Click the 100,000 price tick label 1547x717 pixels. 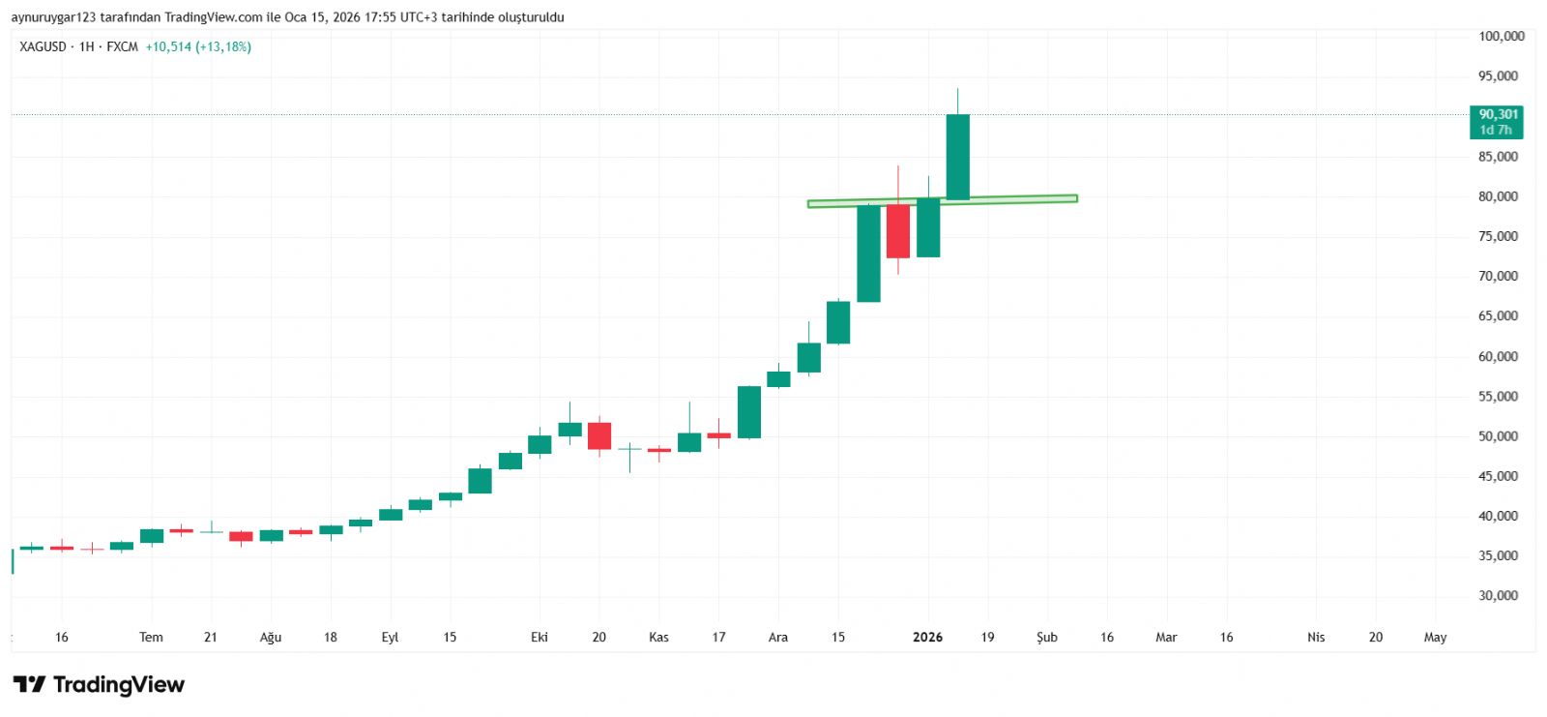click(x=1501, y=37)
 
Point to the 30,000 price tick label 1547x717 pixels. click(x=1498, y=596)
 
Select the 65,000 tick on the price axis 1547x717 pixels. click(x=1498, y=316)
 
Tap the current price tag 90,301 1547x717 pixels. click(x=1498, y=115)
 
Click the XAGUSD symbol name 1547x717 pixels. click(x=43, y=47)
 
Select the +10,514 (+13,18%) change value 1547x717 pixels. click(x=198, y=47)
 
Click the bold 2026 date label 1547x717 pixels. click(x=927, y=638)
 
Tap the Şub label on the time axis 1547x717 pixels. click(x=1047, y=638)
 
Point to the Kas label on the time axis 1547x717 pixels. click(x=658, y=638)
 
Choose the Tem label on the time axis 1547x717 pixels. click(x=151, y=638)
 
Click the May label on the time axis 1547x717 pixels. click(x=1435, y=638)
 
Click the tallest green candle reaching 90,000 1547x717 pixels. click(x=957, y=157)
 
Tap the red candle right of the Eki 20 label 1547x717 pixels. click(x=599, y=435)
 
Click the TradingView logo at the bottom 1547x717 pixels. click(x=99, y=685)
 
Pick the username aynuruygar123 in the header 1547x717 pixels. click(x=53, y=17)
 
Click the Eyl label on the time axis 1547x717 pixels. click(x=390, y=638)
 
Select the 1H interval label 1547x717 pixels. click(x=87, y=47)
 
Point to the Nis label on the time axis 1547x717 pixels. click(x=1316, y=638)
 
